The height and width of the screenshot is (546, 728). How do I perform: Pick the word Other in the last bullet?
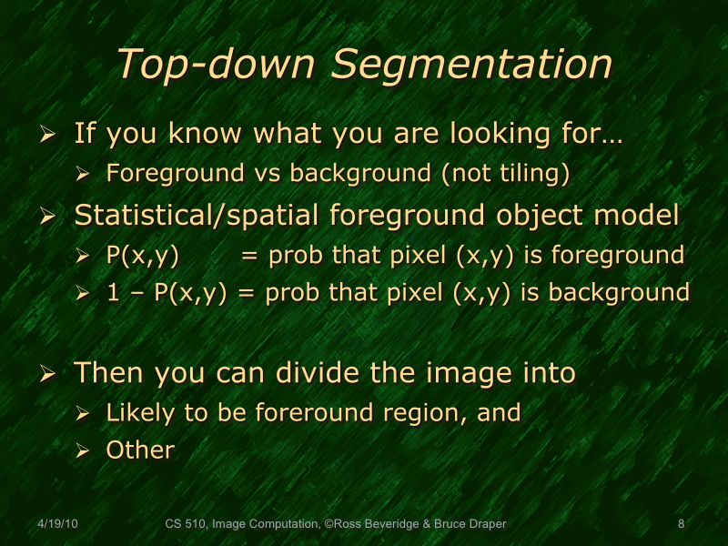point(140,450)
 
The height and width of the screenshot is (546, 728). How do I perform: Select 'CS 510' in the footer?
point(186,523)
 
